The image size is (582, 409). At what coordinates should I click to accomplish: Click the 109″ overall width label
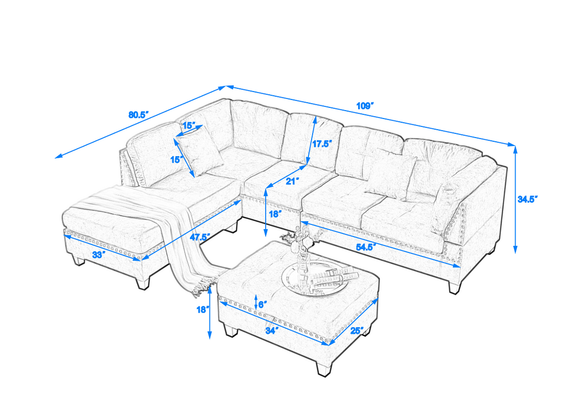pyautogui.click(x=365, y=106)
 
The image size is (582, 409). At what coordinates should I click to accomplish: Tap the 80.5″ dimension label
pyautogui.click(x=139, y=114)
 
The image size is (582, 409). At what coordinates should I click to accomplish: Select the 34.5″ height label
pyautogui.click(x=528, y=199)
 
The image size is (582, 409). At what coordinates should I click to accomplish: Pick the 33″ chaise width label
pyautogui.click(x=99, y=254)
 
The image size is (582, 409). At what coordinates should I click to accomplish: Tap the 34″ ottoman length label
pyautogui.click(x=272, y=332)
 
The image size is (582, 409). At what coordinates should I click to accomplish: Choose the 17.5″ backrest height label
pyautogui.click(x=321, y=143)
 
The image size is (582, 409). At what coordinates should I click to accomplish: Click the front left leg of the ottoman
pyautogui.click(x=230, y=330)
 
